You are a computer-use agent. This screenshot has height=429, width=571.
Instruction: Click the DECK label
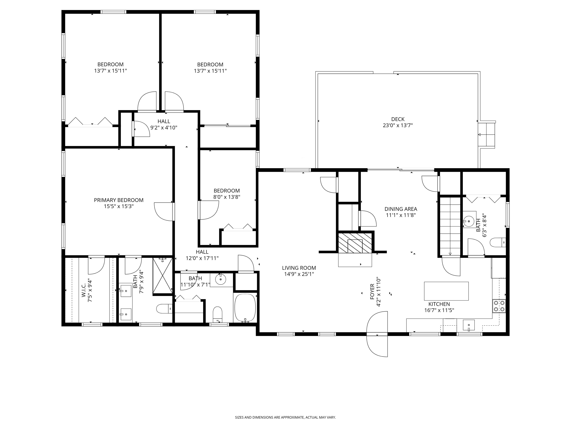tap(398, 119)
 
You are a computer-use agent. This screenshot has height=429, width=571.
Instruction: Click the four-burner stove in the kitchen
tap(499, 306)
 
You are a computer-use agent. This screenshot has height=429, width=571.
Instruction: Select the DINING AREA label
tap(401, 209)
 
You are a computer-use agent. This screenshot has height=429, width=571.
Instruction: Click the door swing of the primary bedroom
tap(163, 212)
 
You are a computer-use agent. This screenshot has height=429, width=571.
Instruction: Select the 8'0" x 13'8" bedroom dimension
tap(227, 197)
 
